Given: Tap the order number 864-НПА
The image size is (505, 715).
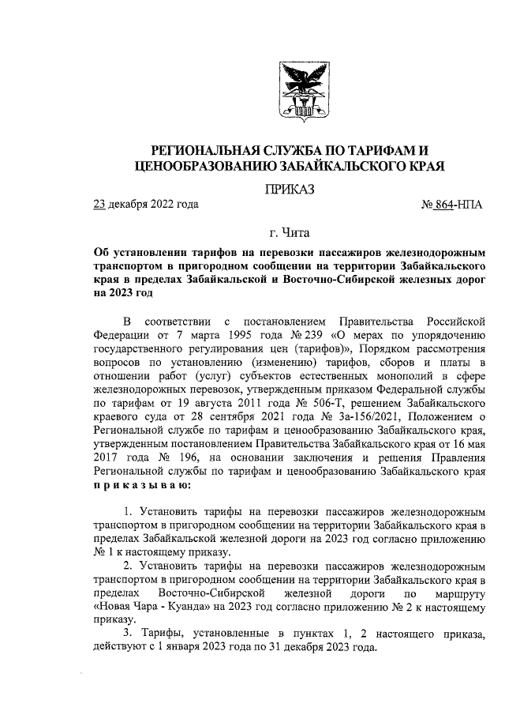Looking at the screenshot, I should tap(455, 205).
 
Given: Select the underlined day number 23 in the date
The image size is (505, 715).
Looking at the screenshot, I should tap(99, 205).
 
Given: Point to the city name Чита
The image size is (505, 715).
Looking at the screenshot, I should tap(297, 232).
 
